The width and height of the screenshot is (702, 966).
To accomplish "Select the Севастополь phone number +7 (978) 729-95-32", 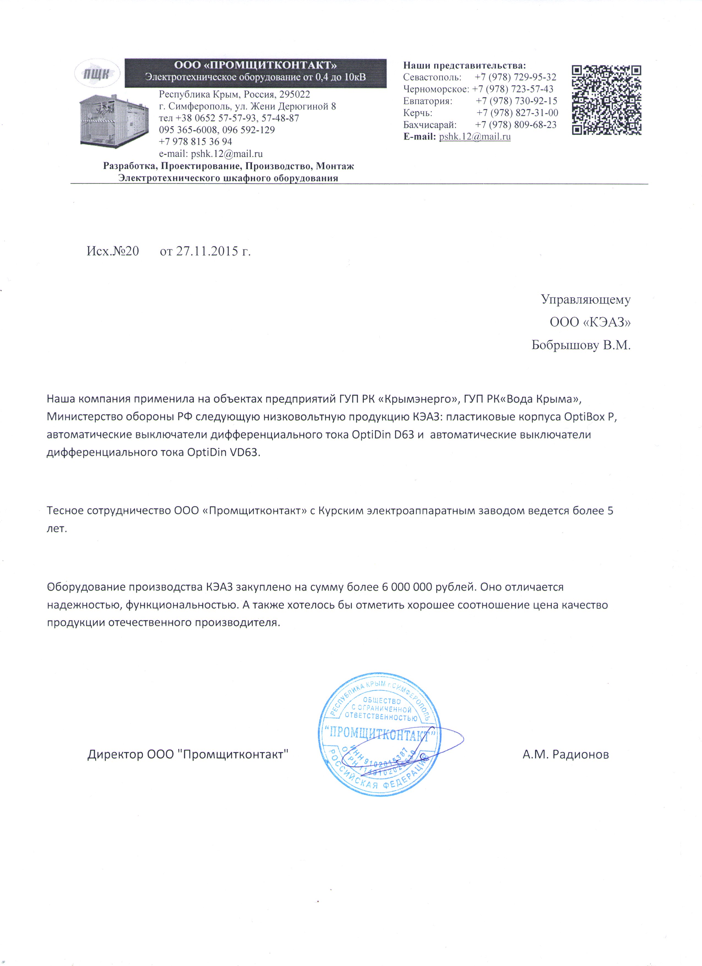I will tap(515, 77).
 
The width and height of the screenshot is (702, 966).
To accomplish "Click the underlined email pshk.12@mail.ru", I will tap(475, 137).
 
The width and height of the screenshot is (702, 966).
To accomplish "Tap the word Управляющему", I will tap(586, 300).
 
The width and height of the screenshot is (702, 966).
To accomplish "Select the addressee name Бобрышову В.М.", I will tap(581, 345).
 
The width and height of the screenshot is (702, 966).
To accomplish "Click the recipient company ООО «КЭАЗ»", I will tap(590, 322).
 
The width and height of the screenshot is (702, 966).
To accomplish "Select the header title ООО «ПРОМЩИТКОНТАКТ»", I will tap(255, 65).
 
